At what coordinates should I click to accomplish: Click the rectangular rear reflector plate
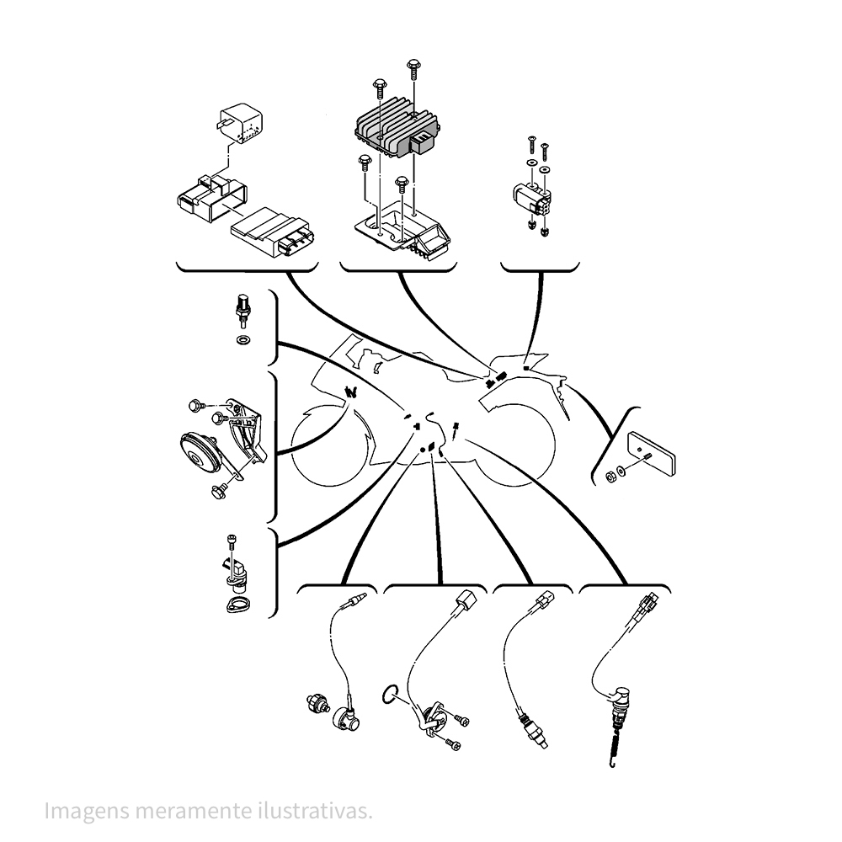[x=652, y=454]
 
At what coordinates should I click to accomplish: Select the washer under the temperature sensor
[x=244, y=339]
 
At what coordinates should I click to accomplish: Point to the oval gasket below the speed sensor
[x=235, y=604]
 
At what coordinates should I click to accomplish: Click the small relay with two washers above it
[x=531, y=200]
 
